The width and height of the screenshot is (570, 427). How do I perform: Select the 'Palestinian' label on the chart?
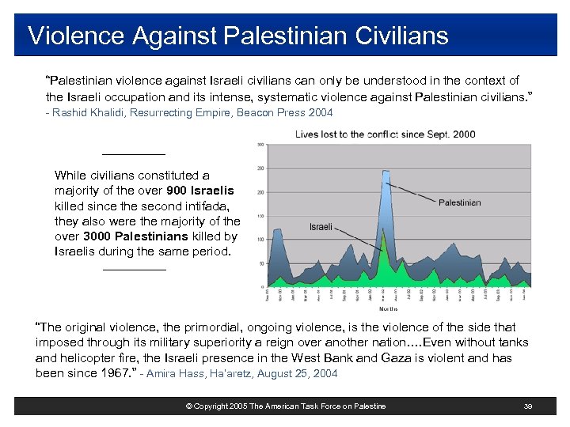[x=459, y=202]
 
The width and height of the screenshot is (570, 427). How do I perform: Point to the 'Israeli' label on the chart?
[x=321, y=227]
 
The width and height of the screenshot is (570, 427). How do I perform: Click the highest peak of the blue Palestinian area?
[x=386, y=171]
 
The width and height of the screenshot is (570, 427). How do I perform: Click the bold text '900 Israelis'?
[x=200, y=191]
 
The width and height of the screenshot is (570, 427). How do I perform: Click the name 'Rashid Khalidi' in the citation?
[x=85, y=113]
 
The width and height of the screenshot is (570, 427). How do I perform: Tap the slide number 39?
[x=528, y=406]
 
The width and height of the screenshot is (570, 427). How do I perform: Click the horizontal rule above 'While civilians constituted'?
[x=134, y=153]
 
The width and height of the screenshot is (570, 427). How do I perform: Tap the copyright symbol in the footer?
[x=188, y=406]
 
